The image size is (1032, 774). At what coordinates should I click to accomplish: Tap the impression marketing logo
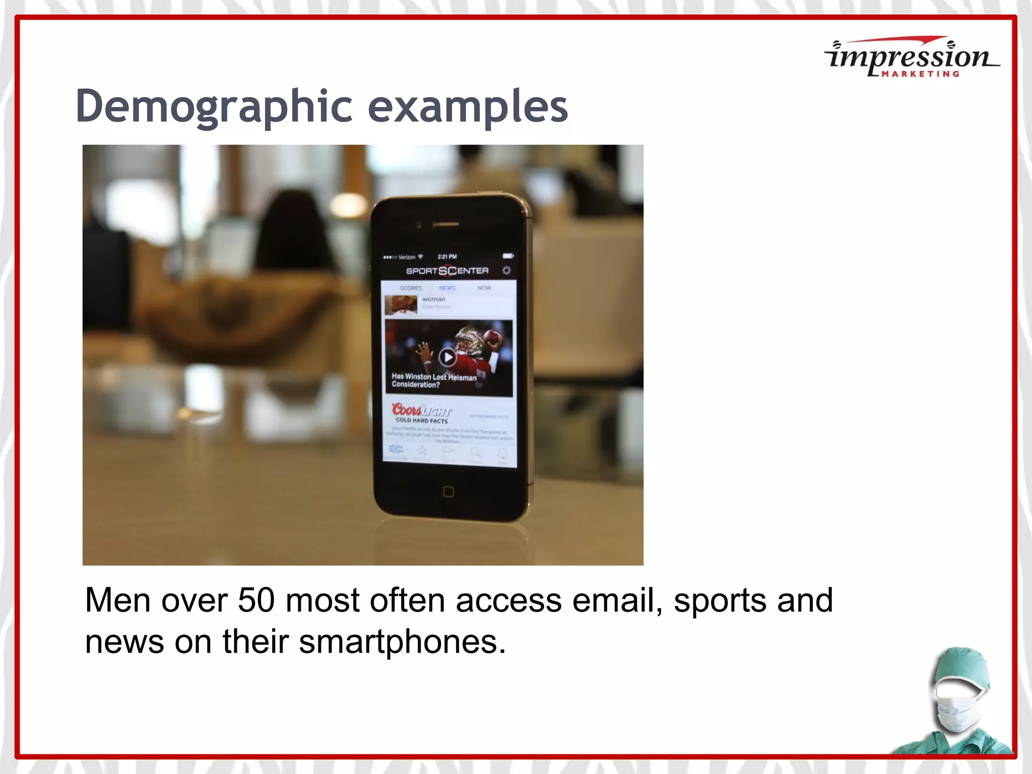[x=911, y=58]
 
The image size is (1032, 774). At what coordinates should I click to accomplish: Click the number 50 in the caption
[x=256, y=600]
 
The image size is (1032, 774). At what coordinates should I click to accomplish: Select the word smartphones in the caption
[x=402, y=642]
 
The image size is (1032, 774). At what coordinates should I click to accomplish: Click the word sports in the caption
[x=720, y=601]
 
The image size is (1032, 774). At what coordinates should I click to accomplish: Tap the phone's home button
[x=448, y=492]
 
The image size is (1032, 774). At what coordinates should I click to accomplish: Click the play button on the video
[x=447, y=357]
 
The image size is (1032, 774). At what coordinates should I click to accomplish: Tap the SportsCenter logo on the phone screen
[x=447, y=271]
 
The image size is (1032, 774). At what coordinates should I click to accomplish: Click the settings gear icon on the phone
[x=506, y=271]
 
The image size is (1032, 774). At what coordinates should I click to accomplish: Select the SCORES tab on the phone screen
[x=411, y=288]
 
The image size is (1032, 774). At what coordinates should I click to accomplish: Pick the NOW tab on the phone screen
[x=484, y=288]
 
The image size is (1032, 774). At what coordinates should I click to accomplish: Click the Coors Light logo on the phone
[x=421, y=410]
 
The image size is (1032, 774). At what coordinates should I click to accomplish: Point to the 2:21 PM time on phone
[x=447, y=257]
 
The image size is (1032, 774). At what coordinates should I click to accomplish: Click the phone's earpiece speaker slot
[x=445, y=225]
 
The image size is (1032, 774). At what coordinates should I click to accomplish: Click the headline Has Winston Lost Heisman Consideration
[x=433, y=380]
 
